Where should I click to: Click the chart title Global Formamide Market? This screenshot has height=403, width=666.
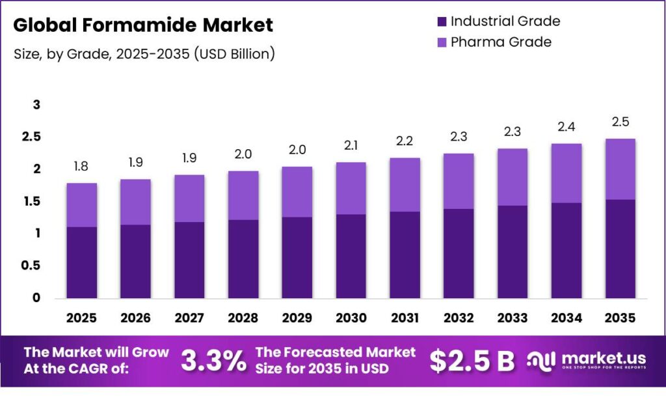click(x=143, y=25)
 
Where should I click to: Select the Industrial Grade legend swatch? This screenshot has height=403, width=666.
click(x=442, y=21)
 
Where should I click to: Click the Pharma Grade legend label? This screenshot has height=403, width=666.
click(x=501, y=42)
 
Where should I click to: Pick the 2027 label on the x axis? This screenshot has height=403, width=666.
click(x=189, y=318)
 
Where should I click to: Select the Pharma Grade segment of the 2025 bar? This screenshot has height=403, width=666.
click(x=81, y=205)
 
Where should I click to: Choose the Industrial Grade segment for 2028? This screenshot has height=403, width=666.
click(x=243, y=258)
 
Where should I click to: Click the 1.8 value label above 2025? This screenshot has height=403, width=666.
click(x=81, y=167)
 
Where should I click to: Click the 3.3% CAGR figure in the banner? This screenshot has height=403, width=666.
click(x=213, y=361)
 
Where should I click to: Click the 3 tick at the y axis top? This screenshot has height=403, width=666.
click(x=36, y=105)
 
